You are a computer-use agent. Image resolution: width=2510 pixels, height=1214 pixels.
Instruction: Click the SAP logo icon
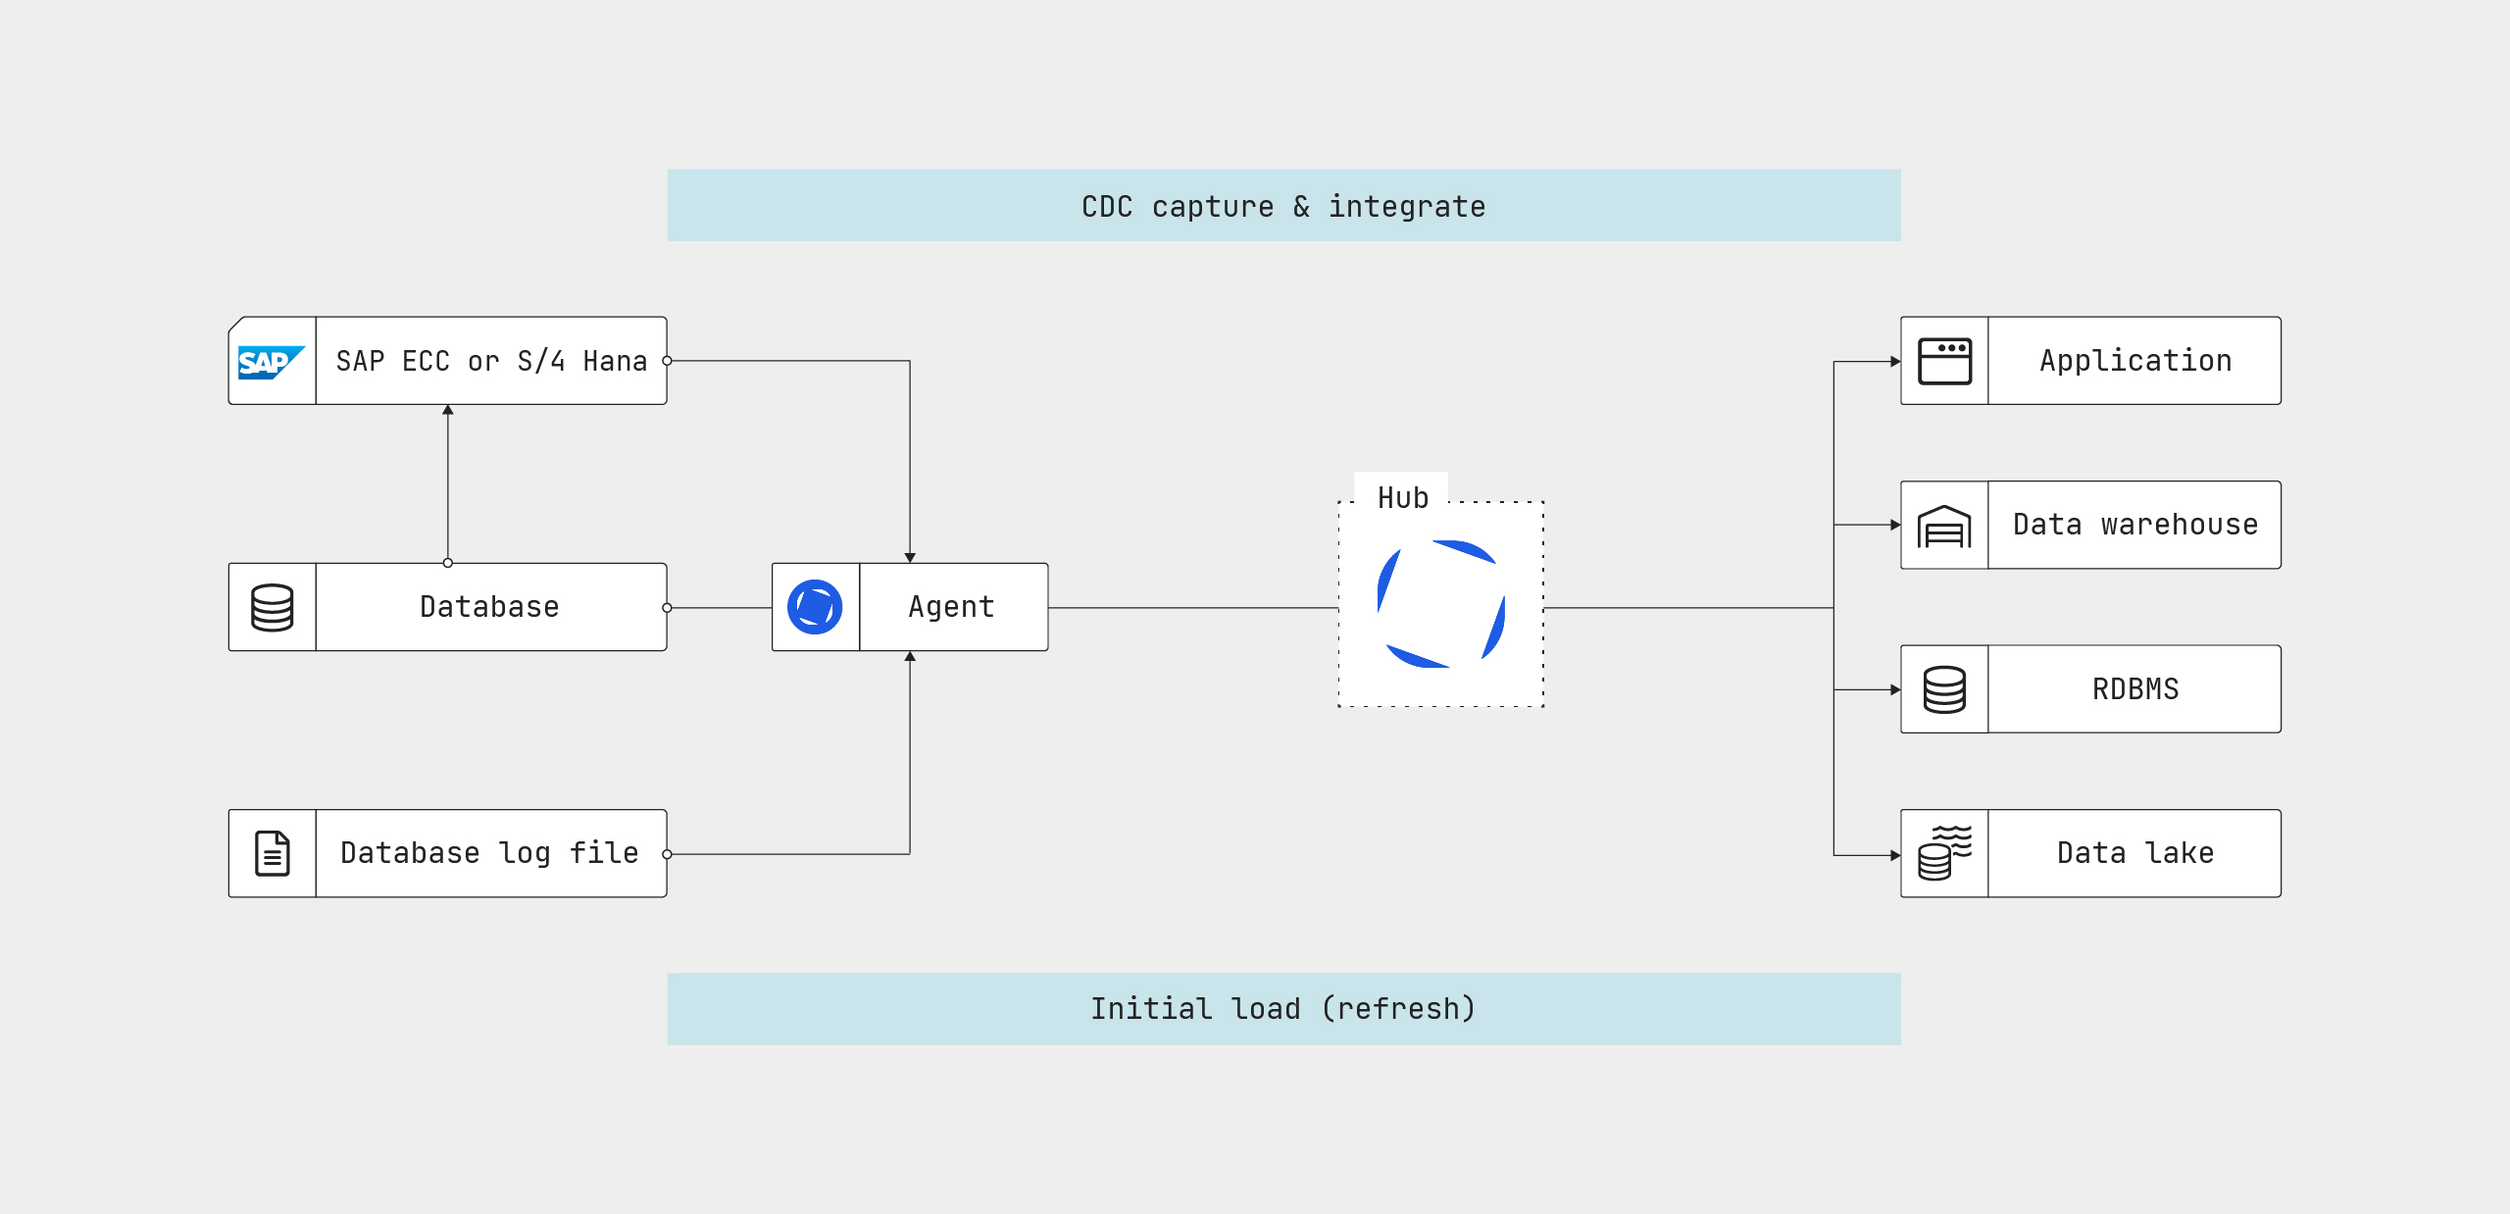click(x=271, y=362)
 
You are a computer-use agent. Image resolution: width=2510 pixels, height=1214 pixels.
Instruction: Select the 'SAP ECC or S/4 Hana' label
click(x=491, y=361)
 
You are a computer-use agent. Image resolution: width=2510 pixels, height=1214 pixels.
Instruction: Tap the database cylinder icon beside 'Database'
click(x=272, y=608)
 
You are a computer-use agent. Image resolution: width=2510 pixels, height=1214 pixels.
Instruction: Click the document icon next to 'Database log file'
click(x=272, y=853)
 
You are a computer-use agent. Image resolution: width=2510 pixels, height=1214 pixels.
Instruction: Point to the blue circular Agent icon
click(x=815, y=607)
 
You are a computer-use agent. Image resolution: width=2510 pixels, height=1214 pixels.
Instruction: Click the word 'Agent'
click(x=951, y=607)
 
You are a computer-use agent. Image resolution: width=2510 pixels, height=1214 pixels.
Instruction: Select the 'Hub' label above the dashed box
click(x=1402, y=498)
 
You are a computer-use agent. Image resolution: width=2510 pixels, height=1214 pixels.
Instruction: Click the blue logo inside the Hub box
click(x=1441, y=604)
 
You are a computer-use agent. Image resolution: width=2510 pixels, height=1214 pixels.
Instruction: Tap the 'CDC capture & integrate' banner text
click(x=1283, y=206)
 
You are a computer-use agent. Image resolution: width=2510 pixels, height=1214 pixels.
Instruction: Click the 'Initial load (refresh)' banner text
click(x=1283, y=1008)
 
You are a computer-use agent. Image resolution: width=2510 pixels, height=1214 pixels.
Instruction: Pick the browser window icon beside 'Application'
click(x=1944, y=361)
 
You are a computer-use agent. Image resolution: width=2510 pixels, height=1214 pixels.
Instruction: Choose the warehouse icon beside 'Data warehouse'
click(x=1944, y=527)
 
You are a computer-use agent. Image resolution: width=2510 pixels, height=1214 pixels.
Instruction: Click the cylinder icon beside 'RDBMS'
click(x=1944, y=689)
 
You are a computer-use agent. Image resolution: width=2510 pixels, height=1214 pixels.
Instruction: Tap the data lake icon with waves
click(x=1944, y=853)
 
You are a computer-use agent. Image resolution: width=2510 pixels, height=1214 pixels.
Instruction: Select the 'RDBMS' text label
click(x=2135, y=689)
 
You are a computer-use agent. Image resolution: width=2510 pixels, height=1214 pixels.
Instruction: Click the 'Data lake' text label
click(x=2135, y=853)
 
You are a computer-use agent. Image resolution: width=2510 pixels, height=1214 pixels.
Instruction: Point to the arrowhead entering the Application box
click(x=1895, y=362)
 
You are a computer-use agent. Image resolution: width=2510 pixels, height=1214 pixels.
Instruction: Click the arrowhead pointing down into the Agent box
click(x=910, y=557)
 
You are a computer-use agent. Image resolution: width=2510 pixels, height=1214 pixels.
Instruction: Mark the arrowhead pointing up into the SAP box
click(x=448, y=410)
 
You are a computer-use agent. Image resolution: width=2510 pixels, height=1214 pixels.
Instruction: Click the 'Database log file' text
click(x=489, y=853)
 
